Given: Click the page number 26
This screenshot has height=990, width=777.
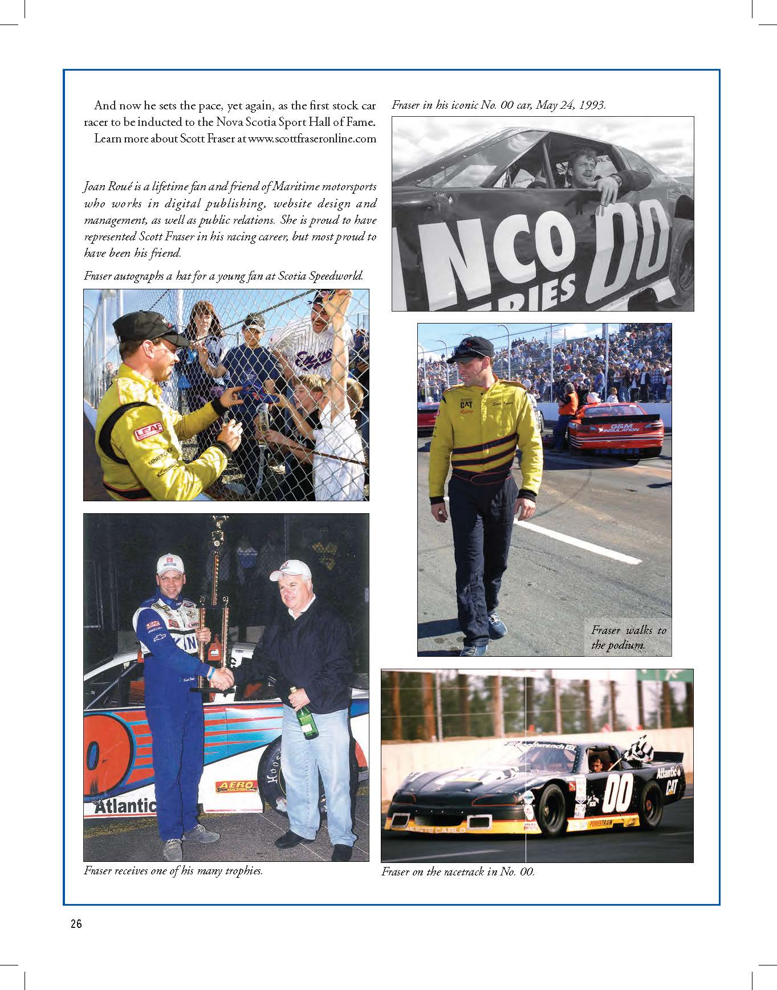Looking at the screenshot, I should [76, 924].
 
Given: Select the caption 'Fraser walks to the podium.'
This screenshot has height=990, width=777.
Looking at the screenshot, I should [628, 638].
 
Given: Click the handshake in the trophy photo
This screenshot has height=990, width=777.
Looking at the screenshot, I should [221, 678].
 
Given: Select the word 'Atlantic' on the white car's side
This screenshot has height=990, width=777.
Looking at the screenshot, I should [125, 806].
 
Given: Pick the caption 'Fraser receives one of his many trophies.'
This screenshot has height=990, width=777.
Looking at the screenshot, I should [173, 871].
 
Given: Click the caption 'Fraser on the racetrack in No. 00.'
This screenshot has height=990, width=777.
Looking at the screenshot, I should [458, 872].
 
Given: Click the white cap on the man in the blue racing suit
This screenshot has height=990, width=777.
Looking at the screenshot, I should [170, 563].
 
